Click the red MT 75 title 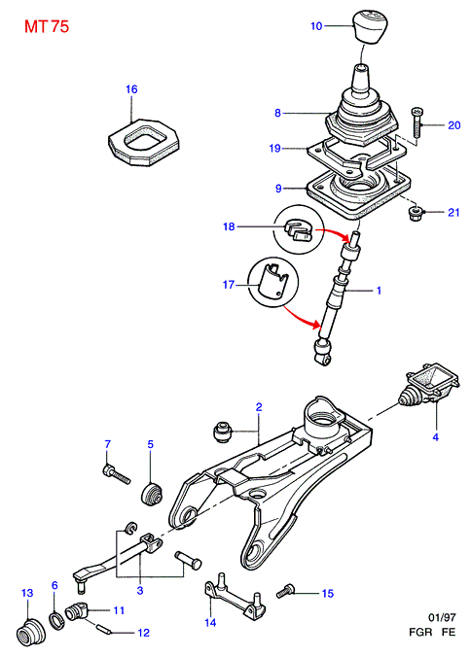pos(47,26)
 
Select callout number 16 pos(131,89)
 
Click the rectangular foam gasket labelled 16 pos(144,142)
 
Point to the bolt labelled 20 pos(417,122)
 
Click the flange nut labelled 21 pos(416,213)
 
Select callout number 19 pos(274,149)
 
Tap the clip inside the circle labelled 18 pos(299,231)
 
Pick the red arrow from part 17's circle pos(299,319)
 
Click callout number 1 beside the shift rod pos(379,290)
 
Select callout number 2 pos(259,407)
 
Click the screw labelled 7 pos(116,474)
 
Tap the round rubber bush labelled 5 pos(151,495)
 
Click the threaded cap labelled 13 pos(32,630)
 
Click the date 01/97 pos(442,617)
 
